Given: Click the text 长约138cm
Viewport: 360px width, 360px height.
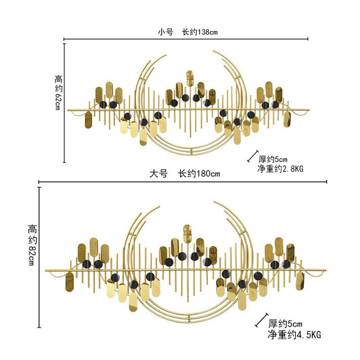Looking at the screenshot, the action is coord(200,32).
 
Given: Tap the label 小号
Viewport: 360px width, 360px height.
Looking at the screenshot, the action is coord(166,32).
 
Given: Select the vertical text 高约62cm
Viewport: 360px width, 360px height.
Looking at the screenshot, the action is coord(59,92).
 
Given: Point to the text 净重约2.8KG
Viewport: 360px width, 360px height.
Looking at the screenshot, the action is coord(280,169).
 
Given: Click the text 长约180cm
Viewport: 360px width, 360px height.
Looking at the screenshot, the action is coord(199,174).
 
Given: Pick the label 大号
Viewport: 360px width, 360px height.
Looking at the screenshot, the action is coord(158,174).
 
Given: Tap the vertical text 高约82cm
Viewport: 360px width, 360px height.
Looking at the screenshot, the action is coord(32,245).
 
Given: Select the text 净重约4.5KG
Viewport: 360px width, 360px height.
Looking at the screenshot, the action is coord(294,335).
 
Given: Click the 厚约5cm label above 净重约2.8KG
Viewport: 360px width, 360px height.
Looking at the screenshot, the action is coord(273,159).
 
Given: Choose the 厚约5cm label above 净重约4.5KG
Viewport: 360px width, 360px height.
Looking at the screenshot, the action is coord(286,324).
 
